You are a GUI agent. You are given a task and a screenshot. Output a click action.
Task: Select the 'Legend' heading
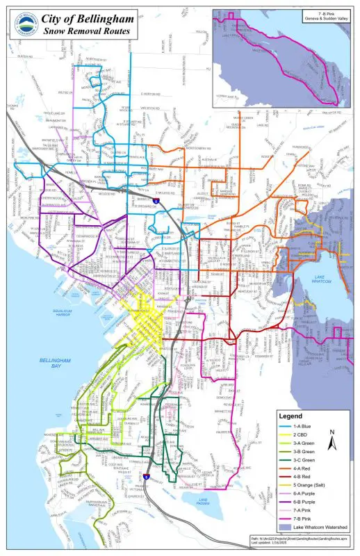click(291, 415)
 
